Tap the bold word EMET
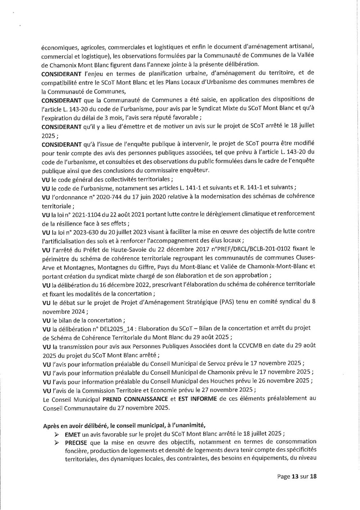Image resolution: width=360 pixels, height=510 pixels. [x=73, y=434]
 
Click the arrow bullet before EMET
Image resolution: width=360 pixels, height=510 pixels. [x=57, y=434]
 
